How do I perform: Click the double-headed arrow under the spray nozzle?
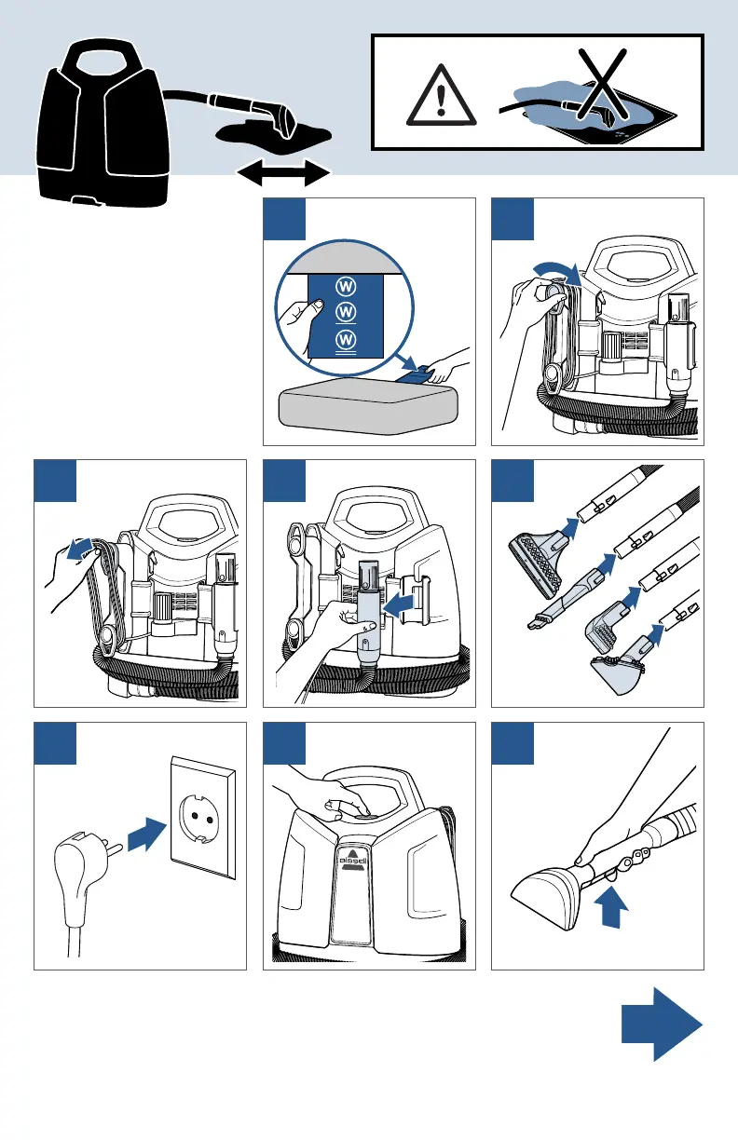(284, 173)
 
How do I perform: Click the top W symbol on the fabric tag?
(347, 284)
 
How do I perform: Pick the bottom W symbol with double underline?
(347, 339)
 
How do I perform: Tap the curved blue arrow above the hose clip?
(560, 271)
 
